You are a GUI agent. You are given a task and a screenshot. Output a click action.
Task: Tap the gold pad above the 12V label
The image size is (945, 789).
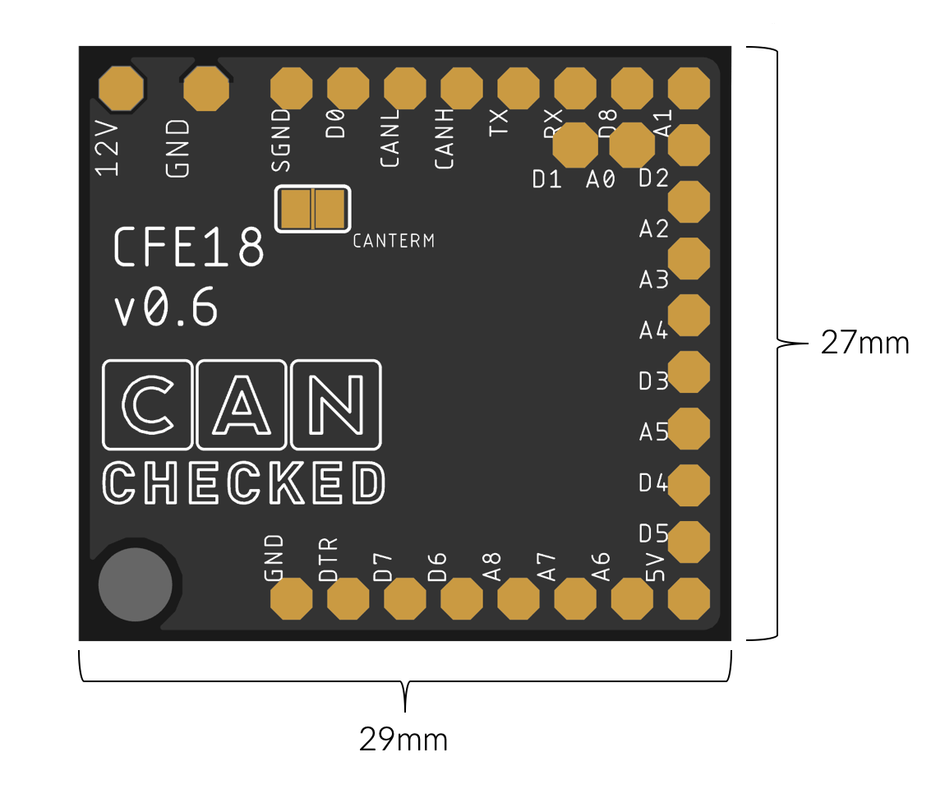122,88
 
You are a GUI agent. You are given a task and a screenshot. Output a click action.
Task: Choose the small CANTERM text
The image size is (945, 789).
393,241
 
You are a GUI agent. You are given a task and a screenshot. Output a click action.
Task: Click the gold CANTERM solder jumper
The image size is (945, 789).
312,209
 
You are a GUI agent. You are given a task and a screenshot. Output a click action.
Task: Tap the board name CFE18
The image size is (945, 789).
188,247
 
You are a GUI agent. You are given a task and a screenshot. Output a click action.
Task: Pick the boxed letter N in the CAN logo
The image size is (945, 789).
336,404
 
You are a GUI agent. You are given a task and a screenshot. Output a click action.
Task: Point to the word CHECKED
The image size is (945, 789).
243,483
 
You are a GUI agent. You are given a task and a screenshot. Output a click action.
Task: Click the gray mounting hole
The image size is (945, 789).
136,584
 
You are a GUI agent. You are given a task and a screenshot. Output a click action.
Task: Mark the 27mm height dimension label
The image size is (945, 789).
864,343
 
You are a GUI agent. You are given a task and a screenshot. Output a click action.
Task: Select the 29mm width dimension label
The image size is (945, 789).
403,740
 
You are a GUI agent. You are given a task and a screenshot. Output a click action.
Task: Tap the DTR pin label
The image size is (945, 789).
329,559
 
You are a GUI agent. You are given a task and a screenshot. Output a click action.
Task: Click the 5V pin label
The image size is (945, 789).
655,566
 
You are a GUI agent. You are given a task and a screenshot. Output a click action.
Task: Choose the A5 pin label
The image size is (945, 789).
654,431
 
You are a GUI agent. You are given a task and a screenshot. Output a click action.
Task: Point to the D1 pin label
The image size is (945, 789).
546,178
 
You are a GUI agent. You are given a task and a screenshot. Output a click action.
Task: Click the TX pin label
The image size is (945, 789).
499,122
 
